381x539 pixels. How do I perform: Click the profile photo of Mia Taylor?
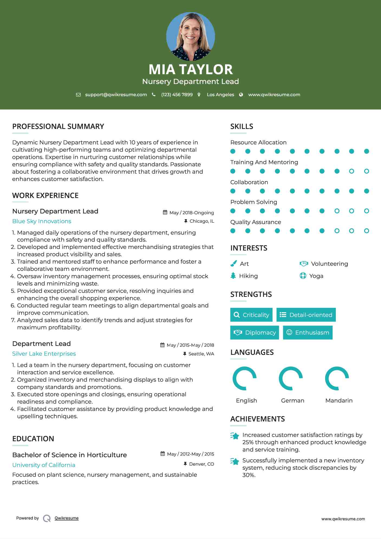pos(190,36)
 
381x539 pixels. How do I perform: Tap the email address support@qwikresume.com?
pos(116,95)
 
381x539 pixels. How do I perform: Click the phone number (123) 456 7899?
pos(177,95)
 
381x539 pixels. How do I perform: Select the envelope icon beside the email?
pos(78,95)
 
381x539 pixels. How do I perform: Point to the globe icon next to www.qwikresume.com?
pos(241,95)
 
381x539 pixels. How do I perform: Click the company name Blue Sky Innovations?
pos(42,221)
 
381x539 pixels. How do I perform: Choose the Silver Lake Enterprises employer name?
pos(44,354)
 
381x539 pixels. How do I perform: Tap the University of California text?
pos(44,465)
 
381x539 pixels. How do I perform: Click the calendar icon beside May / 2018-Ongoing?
pos(165,212)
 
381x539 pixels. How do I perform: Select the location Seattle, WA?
pos(201,354)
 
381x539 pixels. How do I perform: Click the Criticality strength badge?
pos(251,315)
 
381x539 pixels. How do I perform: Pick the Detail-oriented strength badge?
pos(306,315)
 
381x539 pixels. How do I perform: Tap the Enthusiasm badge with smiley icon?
pos(308,333)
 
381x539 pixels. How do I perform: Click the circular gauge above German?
pos(291,378)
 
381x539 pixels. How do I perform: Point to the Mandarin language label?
pos(339,401)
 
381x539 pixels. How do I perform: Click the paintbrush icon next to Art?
pos(233,264)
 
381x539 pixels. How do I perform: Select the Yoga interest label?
pos(316,276)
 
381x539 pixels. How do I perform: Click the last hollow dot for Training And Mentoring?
pos(366,171)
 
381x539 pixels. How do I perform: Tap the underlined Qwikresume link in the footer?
pos(67,518)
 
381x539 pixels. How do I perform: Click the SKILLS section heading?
pos(242,126)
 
